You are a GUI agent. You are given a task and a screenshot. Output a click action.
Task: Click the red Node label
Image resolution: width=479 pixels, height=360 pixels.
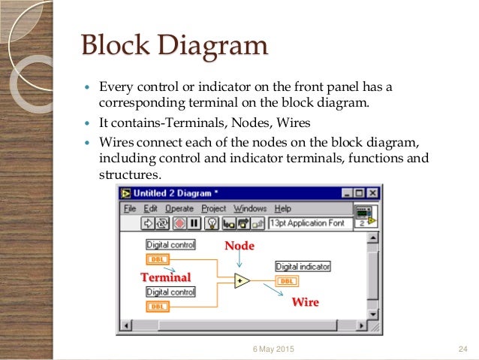point(239,246)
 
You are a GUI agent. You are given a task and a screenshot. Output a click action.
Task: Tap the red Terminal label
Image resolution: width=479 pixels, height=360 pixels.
point(166,277)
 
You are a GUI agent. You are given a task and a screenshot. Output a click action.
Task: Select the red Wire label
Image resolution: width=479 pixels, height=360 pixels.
point(305,302)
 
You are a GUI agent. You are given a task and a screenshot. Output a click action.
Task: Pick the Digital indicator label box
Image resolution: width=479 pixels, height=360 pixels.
point(303,267)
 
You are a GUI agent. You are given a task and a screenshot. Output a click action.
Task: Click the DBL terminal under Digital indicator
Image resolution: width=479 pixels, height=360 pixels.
point(287,281)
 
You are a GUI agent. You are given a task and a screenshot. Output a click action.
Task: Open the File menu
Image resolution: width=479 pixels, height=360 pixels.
point(130,208)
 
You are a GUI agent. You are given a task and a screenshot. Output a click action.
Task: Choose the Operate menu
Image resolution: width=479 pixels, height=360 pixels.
point(179,208)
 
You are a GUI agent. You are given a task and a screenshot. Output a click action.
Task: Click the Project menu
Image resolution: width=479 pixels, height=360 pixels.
point(214,208)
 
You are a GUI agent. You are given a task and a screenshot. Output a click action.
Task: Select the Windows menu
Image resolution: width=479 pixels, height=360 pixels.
point(250,208)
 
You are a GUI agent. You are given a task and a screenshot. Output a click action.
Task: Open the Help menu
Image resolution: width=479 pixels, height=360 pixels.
point(283,208)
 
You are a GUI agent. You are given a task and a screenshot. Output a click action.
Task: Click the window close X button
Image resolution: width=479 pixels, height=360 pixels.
point(372,193)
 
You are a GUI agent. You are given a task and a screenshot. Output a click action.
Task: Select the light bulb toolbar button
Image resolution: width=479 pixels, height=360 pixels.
point(212,223)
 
